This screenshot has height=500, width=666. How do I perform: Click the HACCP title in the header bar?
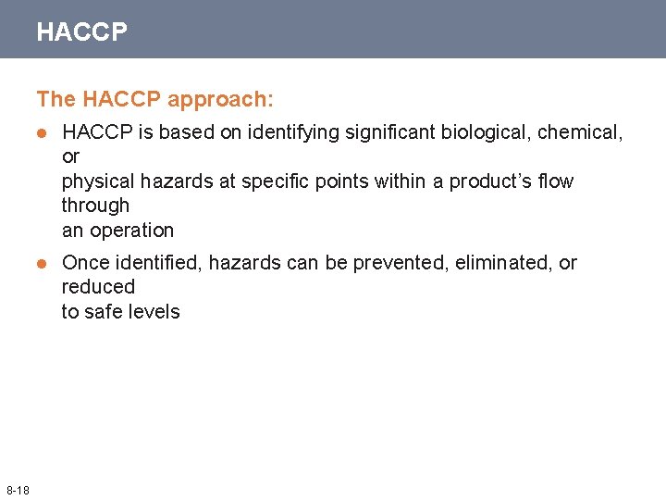(x=81, y=32)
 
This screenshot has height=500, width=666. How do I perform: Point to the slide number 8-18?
(x=18, y=489)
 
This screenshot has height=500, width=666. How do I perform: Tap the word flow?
(x=555, y=181)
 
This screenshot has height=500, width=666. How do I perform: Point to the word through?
(x=95, y=206)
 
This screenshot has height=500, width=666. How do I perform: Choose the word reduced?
(x=98, y=287)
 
